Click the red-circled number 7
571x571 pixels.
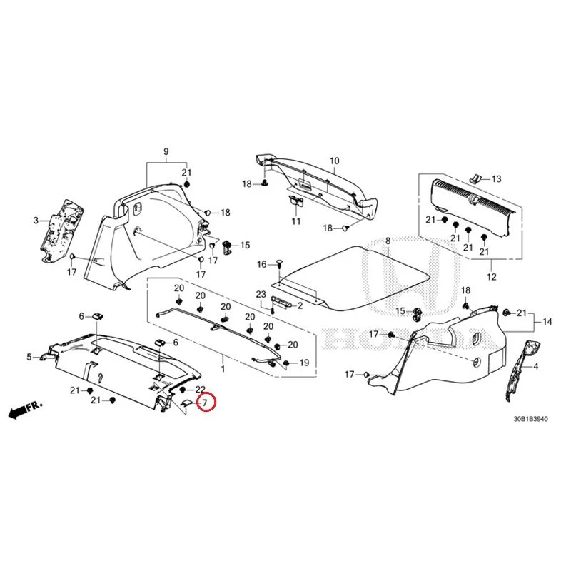pos(205,403)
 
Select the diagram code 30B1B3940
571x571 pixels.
pos(530,419)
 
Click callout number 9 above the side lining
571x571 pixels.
pos(166,151)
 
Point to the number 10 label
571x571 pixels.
pos(334,161)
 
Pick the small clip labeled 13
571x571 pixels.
pos(475,177)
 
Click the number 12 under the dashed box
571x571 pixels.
pos(492,277)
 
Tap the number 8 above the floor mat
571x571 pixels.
pos(388,241)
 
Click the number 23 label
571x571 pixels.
pos(261,294)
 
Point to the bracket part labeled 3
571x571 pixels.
pos(61,230)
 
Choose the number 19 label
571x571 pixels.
pos(304,363)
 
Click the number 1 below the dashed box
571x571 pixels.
pos(223,369)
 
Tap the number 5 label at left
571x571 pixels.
pos(29,357)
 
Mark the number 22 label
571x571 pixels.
pos(201,390)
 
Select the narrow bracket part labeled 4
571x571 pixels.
pos(522,370)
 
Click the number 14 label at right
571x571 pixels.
pos(547,322)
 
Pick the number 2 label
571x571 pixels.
pos(300,305)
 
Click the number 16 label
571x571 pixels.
pos(262,264)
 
